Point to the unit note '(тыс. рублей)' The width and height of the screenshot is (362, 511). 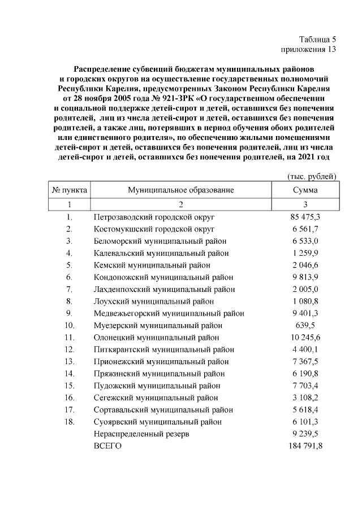[312, 177]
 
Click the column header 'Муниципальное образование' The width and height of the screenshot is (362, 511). [181, 190]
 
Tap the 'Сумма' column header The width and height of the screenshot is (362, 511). [305, 190]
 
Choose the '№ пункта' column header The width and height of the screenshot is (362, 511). [70, 190]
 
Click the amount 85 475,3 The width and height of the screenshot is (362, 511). [305, 217]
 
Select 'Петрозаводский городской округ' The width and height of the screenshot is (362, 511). [154, 217]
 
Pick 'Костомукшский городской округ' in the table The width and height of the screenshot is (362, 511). [154, 229]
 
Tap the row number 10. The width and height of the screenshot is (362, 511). [70, 325]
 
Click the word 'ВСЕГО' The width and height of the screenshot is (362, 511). [107, 446]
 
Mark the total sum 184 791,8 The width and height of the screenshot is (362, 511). [305, 446]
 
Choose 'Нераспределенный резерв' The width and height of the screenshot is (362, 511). [141, 434]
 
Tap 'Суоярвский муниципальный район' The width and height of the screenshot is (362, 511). [161, 422]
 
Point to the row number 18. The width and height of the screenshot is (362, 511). [70, 422]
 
